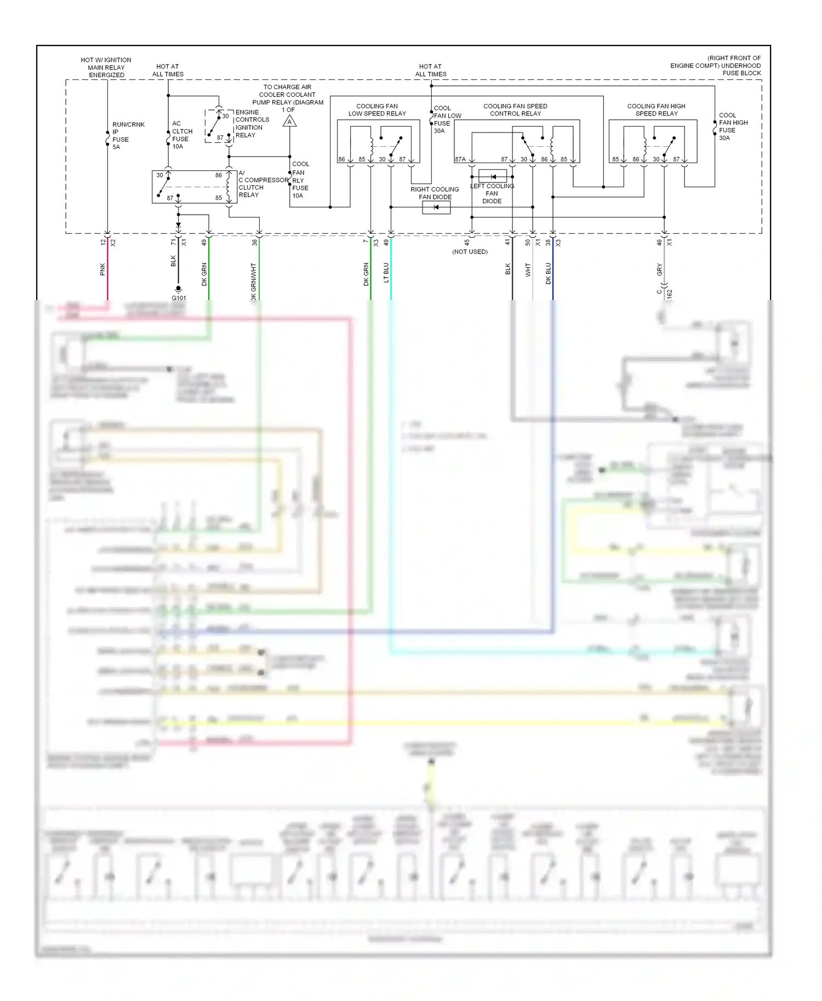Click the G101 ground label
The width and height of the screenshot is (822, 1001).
coord(179,298)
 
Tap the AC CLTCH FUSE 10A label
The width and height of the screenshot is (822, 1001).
coord(181,135)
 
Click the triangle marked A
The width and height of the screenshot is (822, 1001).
coord(289,122)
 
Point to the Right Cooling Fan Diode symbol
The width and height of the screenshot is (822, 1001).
coord(436,207)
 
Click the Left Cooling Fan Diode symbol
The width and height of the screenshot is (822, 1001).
coord(493,176)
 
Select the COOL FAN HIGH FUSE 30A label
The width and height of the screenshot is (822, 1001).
coord(733,126)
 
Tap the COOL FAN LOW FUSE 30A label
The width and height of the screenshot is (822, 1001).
coord(447,119)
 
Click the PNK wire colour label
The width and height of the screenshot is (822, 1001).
coord(102,269)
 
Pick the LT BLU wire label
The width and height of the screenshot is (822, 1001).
coord(386,272)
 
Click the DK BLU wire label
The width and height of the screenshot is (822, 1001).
coord(548,273)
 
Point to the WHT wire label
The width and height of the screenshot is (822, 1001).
coord(528,269)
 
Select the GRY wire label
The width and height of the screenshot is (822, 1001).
coord(659,269)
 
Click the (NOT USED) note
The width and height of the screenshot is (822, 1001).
coord(470,252)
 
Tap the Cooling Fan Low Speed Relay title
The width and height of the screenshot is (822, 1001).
coord(377,110)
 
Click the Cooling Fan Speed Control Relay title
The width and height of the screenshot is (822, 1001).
coord(515,110)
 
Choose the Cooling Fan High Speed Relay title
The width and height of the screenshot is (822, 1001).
coord(656,110)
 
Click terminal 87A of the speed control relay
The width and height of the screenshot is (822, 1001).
coord(460,159)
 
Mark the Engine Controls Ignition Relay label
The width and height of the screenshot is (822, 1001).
coord(252,123)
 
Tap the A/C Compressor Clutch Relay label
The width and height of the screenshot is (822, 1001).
coord(262,183)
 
